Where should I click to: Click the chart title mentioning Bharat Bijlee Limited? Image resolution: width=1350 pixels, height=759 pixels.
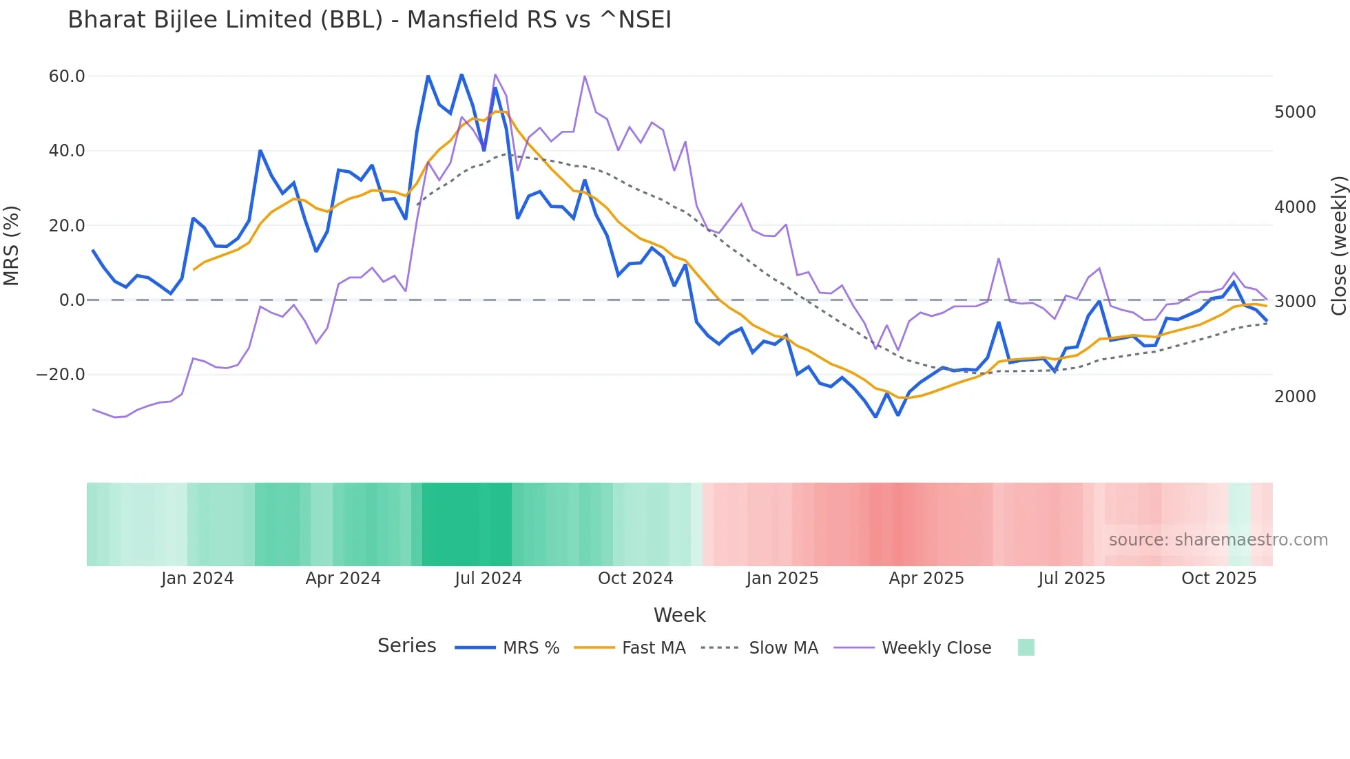pos(369,20)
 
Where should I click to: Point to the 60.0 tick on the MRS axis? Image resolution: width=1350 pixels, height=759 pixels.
pos(67,76)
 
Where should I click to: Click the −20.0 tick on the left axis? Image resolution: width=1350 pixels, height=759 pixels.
pos(61,375)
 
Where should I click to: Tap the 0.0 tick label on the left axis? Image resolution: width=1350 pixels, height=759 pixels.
pos(72,300)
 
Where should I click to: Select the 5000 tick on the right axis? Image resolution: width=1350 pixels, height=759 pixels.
pos(1295,112)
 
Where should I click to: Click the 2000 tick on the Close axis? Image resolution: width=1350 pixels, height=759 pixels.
pos(1295,397)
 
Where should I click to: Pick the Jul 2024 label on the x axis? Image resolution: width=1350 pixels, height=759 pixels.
pos(488,579)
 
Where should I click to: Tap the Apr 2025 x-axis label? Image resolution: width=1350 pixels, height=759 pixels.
pos(926,579)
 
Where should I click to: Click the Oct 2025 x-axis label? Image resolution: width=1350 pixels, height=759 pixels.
pos(1218,579)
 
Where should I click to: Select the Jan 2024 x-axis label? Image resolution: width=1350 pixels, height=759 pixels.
pos(197,579)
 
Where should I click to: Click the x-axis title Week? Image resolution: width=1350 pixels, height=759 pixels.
pos(679,615)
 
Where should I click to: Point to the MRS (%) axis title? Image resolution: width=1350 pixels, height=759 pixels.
pos(12,245)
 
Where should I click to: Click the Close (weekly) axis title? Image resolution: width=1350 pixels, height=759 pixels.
pos(1338,245)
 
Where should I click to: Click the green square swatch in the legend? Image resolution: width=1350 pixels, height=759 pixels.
pos(1026,647)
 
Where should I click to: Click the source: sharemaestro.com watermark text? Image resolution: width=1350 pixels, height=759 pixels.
pos(1218,540)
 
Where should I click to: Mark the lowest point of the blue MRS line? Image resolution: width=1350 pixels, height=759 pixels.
pos(875,417)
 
